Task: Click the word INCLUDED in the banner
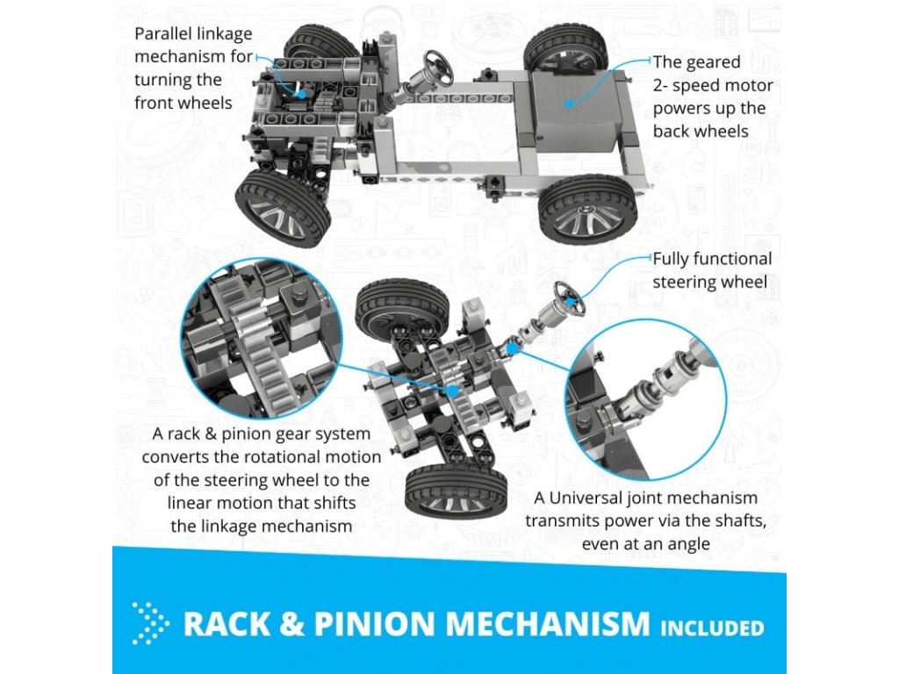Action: coord(712,627)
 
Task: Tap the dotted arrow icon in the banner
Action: coord(151,623)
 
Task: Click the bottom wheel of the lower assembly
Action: coord(456,492)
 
